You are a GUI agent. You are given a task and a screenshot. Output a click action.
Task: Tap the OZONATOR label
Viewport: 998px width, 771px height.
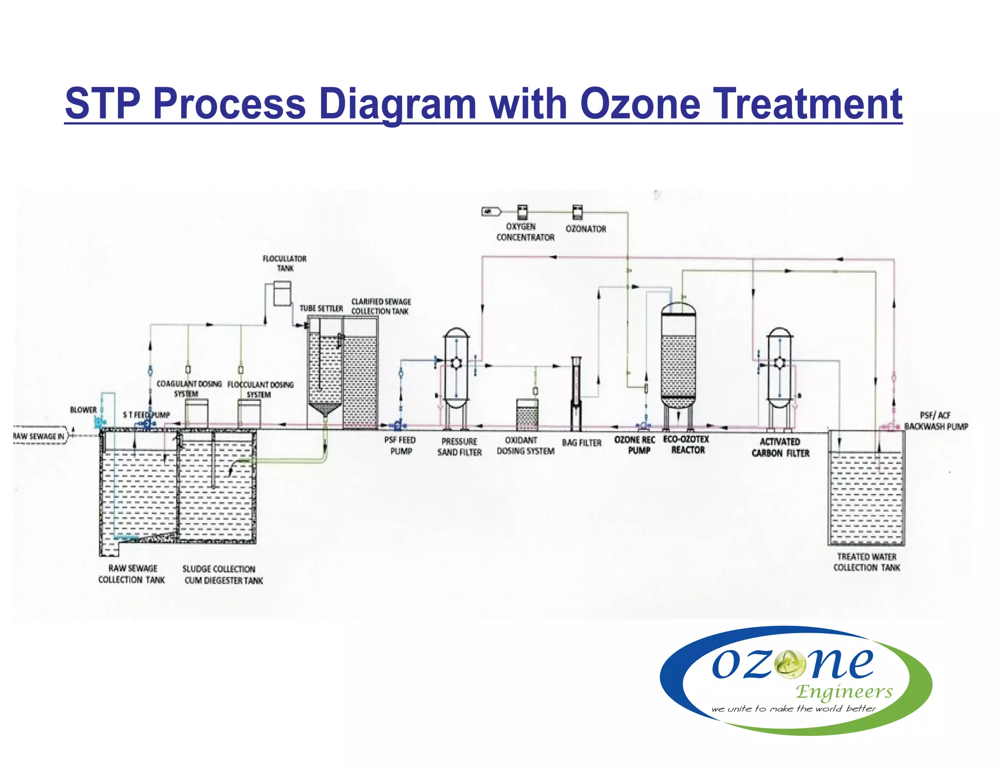[586, 229]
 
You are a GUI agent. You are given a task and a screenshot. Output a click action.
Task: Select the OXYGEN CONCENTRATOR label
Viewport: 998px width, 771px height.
[525, 232]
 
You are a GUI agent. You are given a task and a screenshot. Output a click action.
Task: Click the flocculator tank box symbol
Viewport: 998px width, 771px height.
[282, 294]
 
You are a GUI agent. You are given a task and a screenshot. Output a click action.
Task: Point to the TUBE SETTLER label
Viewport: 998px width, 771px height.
[321, 308]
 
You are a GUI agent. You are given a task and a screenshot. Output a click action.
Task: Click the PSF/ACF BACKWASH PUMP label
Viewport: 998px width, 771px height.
[936, 421]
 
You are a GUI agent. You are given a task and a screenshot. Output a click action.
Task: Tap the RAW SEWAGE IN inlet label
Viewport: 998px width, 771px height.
[39, 436]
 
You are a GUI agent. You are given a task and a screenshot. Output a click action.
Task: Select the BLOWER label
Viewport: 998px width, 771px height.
[83, 410]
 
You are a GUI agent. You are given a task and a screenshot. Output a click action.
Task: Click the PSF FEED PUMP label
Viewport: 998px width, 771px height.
[400, 445]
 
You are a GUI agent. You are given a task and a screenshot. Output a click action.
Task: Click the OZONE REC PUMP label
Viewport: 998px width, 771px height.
[634, 445]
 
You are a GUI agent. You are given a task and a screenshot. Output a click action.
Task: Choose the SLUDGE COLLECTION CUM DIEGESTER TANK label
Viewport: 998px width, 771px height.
[222, 575]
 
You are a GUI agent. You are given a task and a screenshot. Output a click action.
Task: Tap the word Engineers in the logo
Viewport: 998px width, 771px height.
[844, 691]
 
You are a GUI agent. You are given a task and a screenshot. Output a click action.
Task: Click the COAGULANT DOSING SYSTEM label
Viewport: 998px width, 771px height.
[189, 389]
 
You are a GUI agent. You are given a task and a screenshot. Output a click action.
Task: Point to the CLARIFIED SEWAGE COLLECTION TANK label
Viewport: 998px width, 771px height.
[381, 307]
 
